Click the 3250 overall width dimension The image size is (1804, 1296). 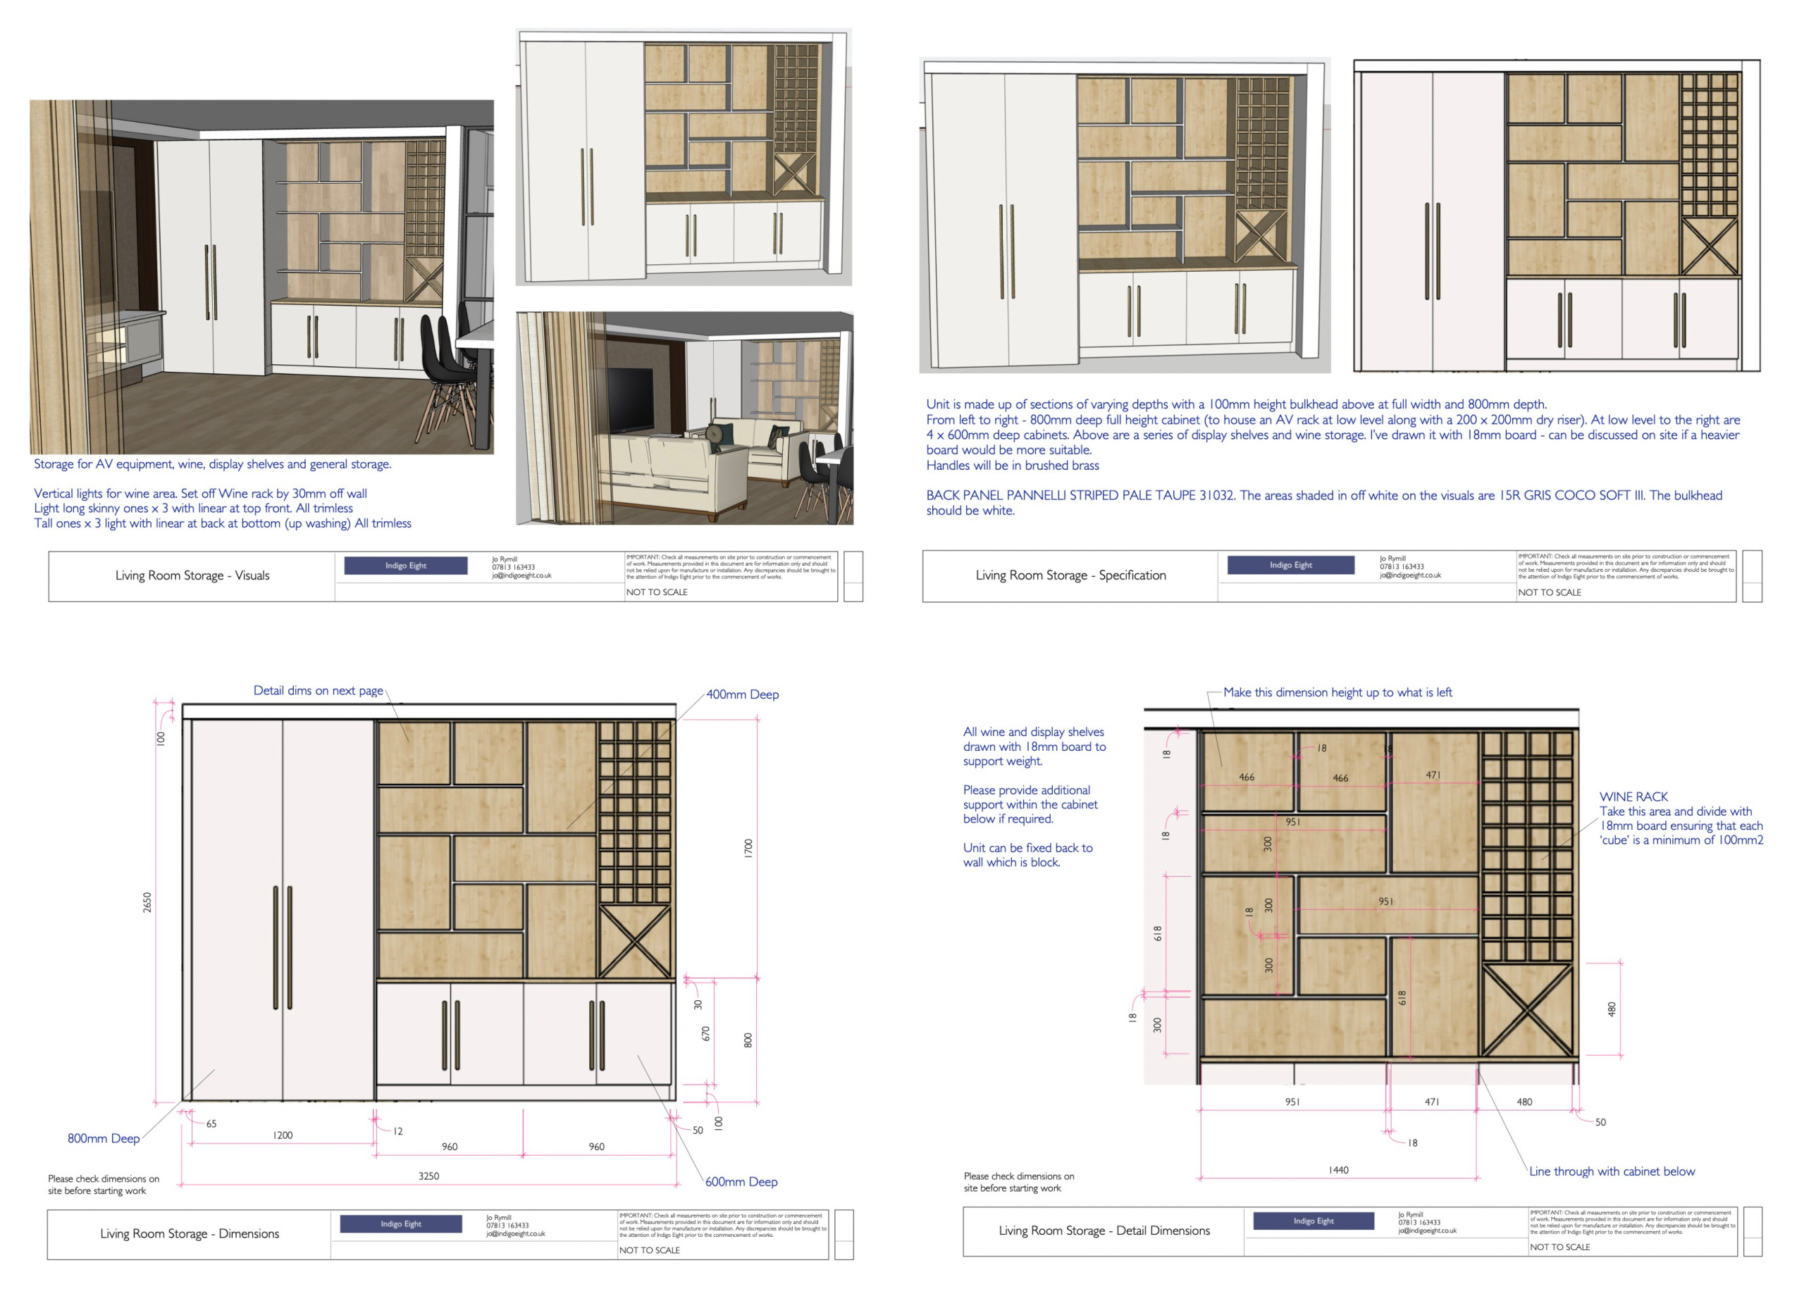(428, 1175)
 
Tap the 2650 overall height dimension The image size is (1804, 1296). (147, 902)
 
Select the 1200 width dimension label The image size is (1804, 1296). (283, 1135)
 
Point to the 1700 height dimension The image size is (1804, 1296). (748, 847)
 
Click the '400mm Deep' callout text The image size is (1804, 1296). (742, 694)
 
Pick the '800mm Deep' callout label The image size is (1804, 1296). (104, 1138)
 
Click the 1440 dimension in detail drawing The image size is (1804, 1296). (1338, 1170)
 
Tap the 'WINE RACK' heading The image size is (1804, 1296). (1633, 796)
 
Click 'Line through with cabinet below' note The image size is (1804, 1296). (1612, 1171)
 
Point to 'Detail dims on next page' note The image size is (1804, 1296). (318, 690)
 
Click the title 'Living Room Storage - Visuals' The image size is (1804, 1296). (192, 575)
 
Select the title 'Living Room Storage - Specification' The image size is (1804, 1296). (1070, 575)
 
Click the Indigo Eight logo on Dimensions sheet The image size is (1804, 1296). (401, 1223)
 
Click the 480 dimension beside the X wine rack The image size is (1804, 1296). (1612, 1009)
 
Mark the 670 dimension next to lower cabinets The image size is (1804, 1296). (705, 1033)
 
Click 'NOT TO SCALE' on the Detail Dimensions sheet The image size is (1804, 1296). (1559, 1247)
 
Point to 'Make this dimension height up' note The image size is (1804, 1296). (1337, 692)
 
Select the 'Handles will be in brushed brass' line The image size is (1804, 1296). (1012, 465)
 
